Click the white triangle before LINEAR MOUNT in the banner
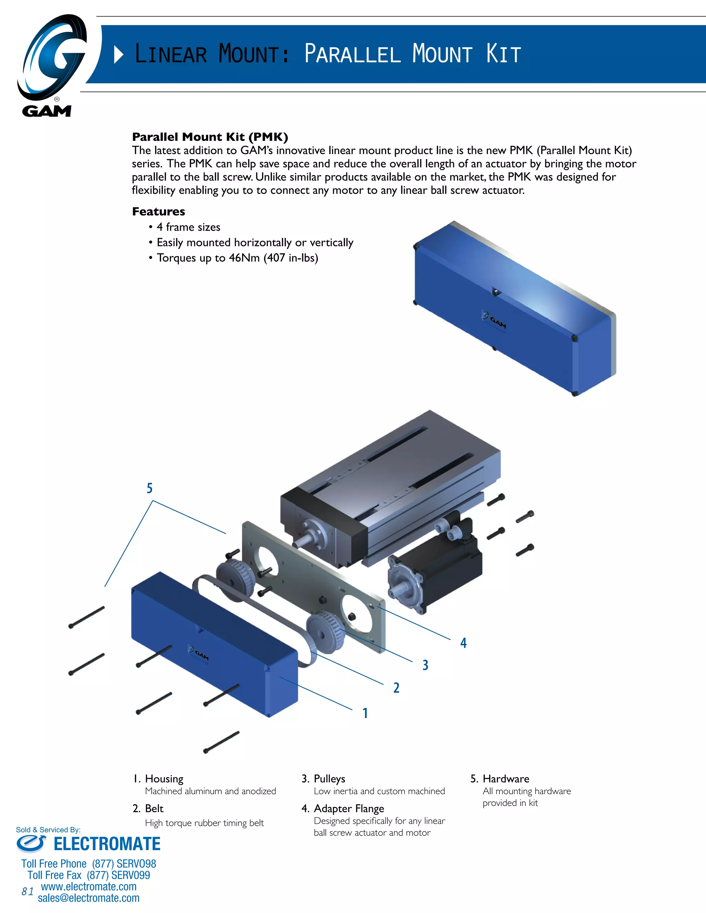[x=118, y=55]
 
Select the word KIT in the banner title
[x=504, y=54]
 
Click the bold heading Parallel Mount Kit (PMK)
[x=210, y=137]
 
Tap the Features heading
[x=159, y=212]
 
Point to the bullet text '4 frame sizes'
[x=188, y=227]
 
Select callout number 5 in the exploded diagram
[x=149, y=488]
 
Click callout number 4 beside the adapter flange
[x=463, y=643]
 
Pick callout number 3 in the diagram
[x=425, y=665]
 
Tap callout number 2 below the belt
[x=396, y=688]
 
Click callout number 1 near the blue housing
[x=365, y=713]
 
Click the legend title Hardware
[x=506, y=779]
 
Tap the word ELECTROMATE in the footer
[x=107, y=844]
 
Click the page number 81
[x=28, y=891]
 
